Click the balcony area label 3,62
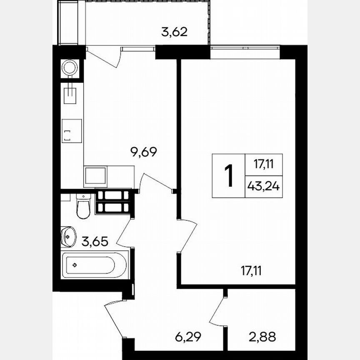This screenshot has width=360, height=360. tap(174, 32)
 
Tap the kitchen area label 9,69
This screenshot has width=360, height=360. tap(143, 152)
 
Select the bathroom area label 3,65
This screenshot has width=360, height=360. tap(95, 242)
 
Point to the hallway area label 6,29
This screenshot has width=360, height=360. tap(188, 337)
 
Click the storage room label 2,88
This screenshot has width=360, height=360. tap(262, 337)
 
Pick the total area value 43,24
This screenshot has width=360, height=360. tap(264, 186)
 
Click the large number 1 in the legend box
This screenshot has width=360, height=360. tap(229, 176)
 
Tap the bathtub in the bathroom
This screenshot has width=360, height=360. tap(94, 265)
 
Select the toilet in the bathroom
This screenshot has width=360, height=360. tap(83, 206)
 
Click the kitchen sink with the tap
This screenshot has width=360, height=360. tap(70, 93)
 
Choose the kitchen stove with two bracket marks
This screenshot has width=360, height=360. tap(72, 131)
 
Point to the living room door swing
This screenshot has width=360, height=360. tap(187, 236)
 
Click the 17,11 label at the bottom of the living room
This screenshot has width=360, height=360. tap(251, 271)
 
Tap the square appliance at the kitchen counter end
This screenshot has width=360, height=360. tap(95, 176)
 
